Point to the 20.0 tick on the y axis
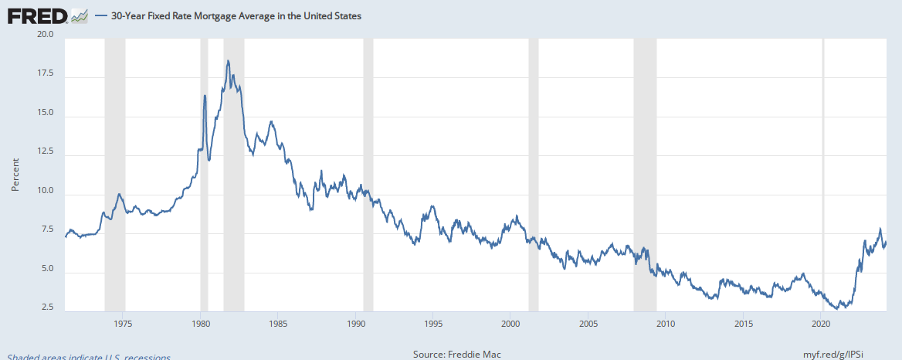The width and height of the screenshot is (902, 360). (45, 35)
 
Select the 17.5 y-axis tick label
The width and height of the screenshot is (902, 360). (45, 73)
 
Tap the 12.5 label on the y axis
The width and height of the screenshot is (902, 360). (45, 151)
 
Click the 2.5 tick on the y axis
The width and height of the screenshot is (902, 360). (47, 308)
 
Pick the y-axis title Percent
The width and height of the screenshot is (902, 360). (15, 175)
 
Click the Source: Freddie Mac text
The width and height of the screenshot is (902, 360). (458, 355)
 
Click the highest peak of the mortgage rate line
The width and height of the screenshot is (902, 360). (228, 61)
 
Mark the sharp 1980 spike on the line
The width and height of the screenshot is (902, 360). (205, 95)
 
